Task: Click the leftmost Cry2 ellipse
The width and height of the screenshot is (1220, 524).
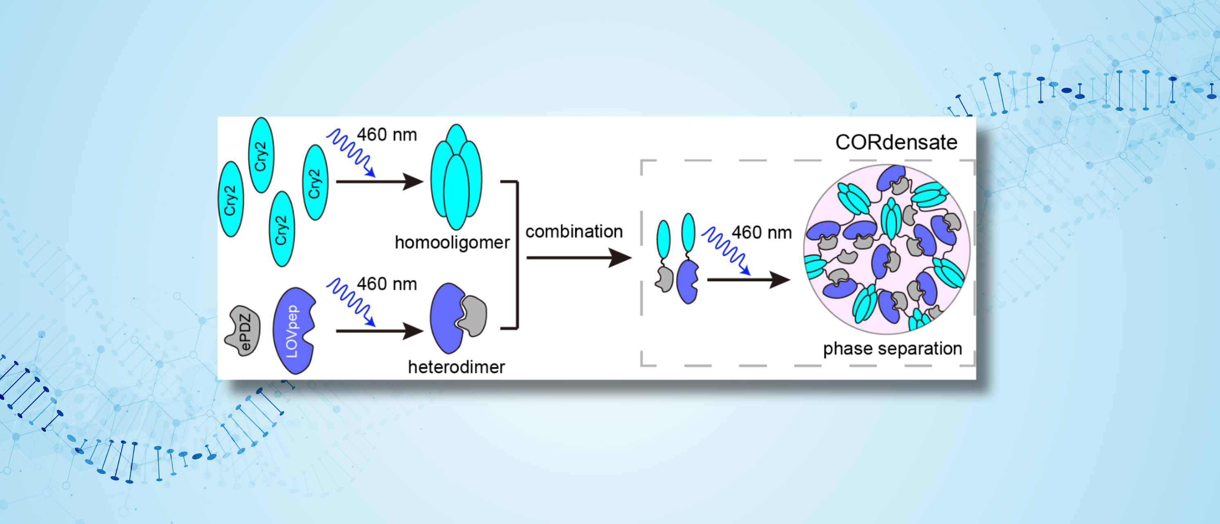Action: point(231,199)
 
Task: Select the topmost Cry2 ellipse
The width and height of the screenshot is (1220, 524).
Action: point(261,155)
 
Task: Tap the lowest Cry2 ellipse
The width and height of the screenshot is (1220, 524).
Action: point(282,229)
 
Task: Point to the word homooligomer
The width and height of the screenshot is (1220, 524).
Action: point(452,243)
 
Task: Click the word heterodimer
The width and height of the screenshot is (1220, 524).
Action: point(456,367)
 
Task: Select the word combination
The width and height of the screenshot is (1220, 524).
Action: point(574,232)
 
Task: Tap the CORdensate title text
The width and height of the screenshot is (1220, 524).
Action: point(896,142)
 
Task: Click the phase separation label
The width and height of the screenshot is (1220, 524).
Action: point(892,349)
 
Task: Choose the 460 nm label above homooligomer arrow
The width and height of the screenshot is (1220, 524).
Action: point(387,135)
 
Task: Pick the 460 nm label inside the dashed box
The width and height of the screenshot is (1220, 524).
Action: point(761,233)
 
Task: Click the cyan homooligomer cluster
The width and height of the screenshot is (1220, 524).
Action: point(456,178)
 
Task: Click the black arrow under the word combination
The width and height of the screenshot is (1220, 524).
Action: point(579,258)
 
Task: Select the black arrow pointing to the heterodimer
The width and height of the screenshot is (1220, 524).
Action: point(379,331)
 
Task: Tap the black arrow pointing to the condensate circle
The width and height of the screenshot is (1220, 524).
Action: point(748,280)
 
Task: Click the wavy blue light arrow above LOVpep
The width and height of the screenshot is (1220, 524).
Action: point(351,301)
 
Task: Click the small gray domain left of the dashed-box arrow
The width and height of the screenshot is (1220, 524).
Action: point(664,280)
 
